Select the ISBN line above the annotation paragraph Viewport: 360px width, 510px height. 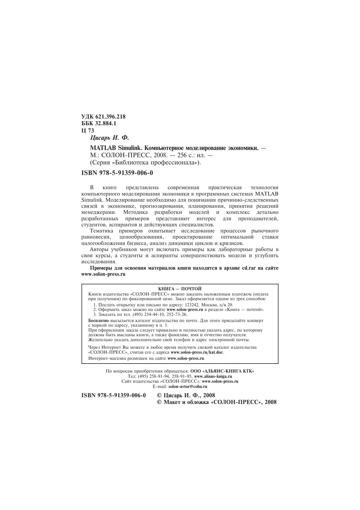click(117, 173)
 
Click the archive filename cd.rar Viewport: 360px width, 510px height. click(249, 268)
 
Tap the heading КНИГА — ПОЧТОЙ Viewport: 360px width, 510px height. click(180, 289)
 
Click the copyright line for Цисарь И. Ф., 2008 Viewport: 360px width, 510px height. click(186, 396)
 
